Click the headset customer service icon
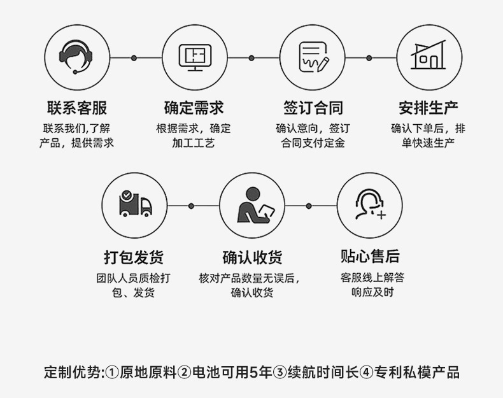click(x=76, y=57)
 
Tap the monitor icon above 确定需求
click(x=194, y=57)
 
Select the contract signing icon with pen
click(x=312, y=57)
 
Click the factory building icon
click(x=429, y=57)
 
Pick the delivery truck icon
click(x=135, y=204)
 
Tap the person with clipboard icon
click(x=252, y=205)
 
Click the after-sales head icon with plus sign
click(x=370, y=205)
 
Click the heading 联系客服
click(x=76, y=107)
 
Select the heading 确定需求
click(x=194, y=107)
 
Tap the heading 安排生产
click(x=429, y=107)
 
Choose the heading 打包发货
click(x=134, y=257)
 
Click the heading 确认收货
click(x=252, y=257)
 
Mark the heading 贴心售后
click(x=370, y=256)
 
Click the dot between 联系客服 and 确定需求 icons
click(x=134, y=58)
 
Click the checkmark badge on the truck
click(x=127, y=195)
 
